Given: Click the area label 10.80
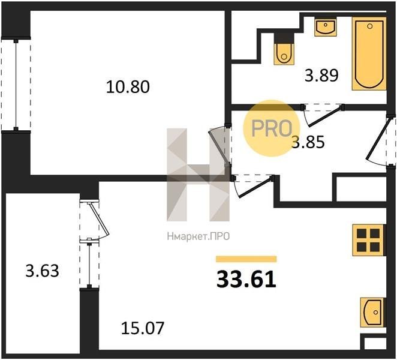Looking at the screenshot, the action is coord(128,86).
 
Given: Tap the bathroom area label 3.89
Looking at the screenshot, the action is coord(321,75).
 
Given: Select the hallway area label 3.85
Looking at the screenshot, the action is coord(308,142).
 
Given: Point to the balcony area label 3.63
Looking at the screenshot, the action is coord(43,271).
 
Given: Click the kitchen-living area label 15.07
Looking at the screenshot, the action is coord(143,328).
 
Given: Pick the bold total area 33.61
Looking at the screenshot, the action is coord(246,280).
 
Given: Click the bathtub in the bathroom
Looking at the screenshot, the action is coord(369,53).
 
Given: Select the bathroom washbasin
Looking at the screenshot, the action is coord(326,27).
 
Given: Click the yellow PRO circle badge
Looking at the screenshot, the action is coord(272,128).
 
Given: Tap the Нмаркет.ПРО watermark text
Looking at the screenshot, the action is coord(198,236).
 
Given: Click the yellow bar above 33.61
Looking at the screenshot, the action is coord(246,259).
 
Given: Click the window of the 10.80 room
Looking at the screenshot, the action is coord(16,85).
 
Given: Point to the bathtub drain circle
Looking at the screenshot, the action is coord(369,26).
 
